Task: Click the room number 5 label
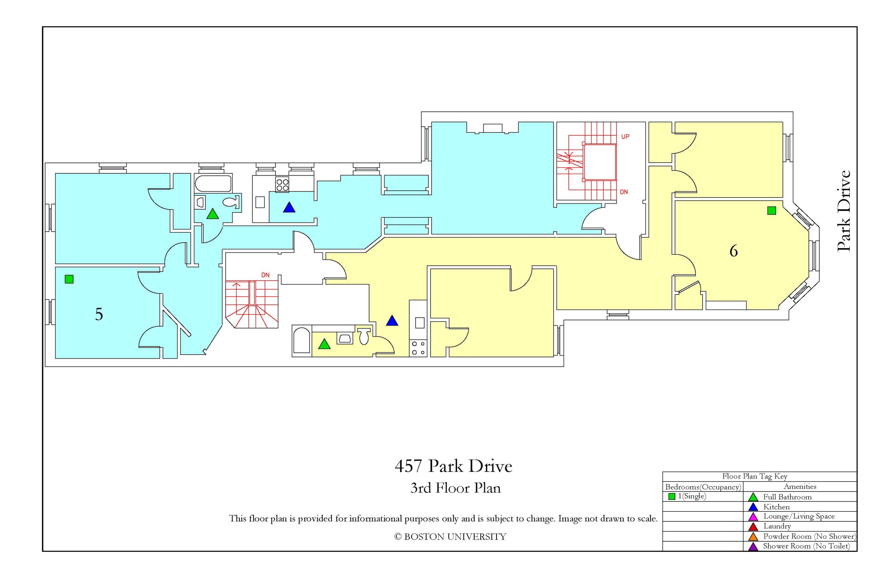tap(99, 314)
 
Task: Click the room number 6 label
tap(733, 251)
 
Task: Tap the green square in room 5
tap(69, 279)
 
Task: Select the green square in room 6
tap(771, 210)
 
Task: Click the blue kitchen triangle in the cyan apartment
tap(289, 208)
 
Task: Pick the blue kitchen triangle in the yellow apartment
tap(392, 321)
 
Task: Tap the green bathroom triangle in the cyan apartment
tap(213, 214)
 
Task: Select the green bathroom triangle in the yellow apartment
tap(324, 344)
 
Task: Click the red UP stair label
tap(625, 137)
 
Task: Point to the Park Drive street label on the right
tap(844, 211)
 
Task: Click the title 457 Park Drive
tap(453, 466)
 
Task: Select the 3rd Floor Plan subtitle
tap(455, 488)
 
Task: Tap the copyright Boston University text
tap(450, 537)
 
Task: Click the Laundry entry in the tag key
tap(777, 526)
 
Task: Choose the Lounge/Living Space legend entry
tap(799, 516)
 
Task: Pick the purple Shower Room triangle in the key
tap(753, 547)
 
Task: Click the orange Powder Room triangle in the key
tap(753, 537)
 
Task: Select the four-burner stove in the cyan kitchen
tap(283, 184)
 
